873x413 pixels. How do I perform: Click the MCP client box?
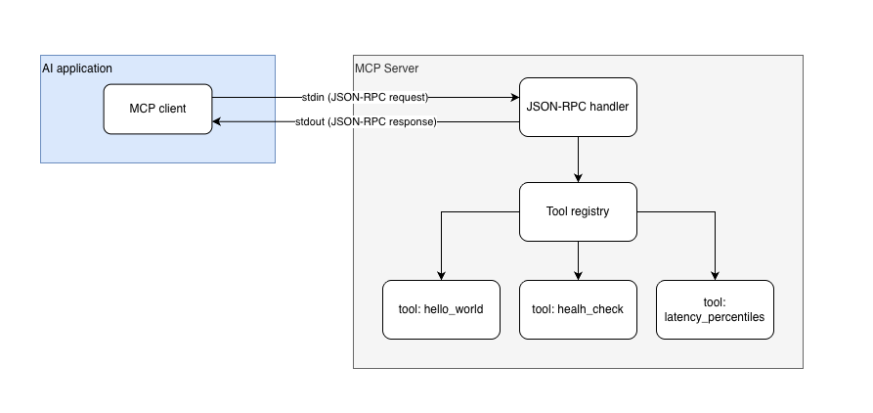(157, 110)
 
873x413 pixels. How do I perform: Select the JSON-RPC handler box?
(578, 106)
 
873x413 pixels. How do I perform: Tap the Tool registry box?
(578, 211)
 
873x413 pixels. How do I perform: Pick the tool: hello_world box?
(441, 309)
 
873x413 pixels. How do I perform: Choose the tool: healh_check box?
(578, 309)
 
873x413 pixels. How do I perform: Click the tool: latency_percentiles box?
(715, 309)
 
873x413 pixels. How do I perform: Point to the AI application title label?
(77, 69)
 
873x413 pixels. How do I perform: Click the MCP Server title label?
(386, 69)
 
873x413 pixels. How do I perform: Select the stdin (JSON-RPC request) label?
(366, 98)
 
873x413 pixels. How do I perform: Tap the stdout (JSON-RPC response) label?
(366, 122)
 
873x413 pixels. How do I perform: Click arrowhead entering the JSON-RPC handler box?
(513, 98)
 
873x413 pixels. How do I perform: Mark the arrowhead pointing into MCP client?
(218, 122)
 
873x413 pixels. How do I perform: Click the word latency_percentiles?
(715, 317)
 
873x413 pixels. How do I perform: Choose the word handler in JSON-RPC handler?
(606, 106)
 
